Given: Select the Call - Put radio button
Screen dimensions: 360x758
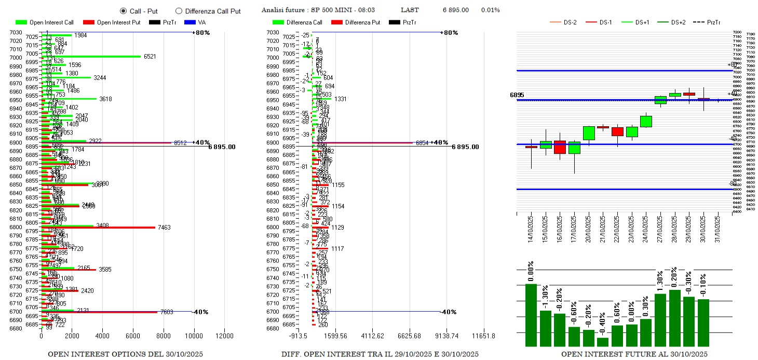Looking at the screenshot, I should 123,10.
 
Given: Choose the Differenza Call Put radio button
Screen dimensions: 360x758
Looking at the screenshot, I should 179,10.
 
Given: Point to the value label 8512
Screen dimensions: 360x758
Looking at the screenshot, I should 180,143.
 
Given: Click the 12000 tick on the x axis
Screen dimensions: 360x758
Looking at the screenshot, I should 225,336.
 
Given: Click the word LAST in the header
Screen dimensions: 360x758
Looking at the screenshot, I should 410,10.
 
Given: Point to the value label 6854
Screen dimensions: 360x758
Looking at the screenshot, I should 422,143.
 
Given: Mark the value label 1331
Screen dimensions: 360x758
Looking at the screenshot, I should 340,99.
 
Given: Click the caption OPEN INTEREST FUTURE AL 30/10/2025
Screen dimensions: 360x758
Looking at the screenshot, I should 633,354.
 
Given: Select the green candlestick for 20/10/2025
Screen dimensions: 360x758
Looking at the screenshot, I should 589,133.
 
